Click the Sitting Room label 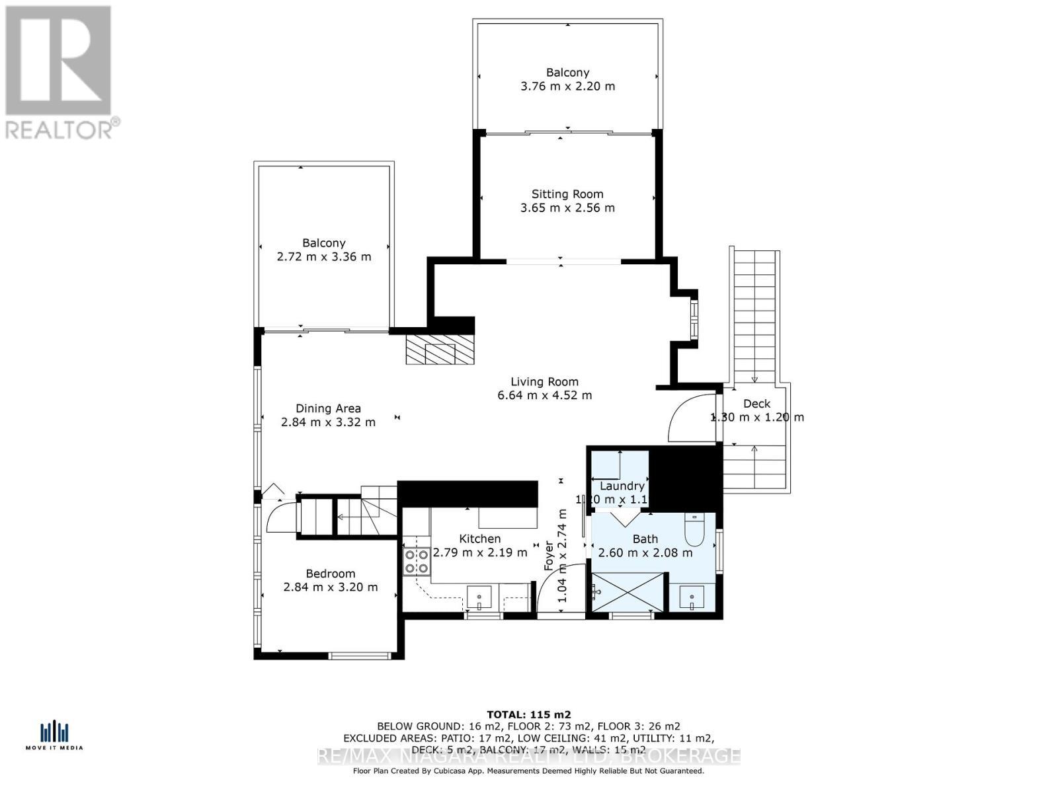[567, 194]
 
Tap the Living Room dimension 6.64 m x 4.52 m [544, 396]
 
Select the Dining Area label [328, 408]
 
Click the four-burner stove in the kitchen [416, 561]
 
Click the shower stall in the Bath [626, 592]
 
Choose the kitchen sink [479, 597]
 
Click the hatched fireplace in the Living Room [440, 350]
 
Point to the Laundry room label [622, 486]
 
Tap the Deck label [756, 404]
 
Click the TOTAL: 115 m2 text [528, 714]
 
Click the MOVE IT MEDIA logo [54, 736]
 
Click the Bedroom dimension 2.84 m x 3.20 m [330, 587]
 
